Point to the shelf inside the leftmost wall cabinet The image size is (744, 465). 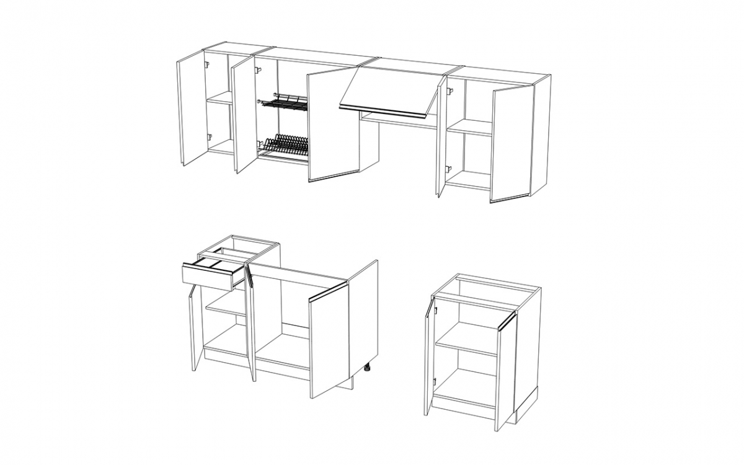(x=219, y=98)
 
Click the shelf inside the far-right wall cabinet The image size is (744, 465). (x=469, y=128)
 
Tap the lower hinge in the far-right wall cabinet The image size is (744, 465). (x=449, y=168)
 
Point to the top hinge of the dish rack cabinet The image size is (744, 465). (x=258, y=70)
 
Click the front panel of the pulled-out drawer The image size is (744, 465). (x=206, y=275)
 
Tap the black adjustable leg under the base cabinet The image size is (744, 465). (x=367, y=368)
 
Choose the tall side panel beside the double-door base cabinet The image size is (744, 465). (x=363, y=316)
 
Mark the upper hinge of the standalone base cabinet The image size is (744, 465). (x=435, y=310)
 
